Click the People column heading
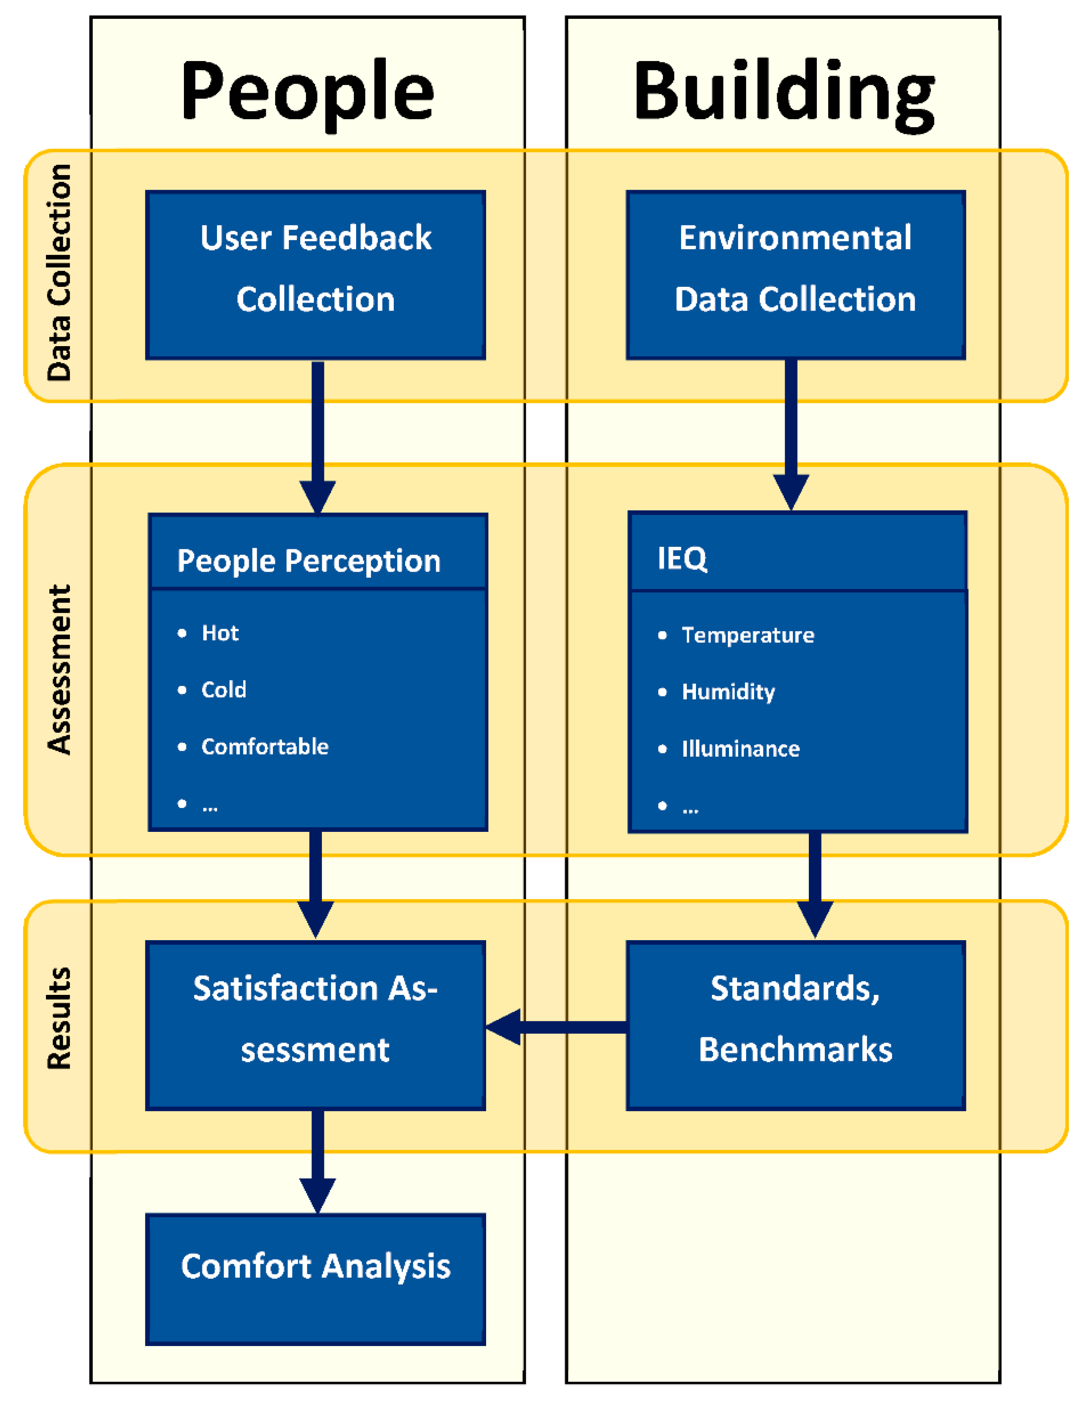tap(307, 92)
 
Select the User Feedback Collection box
tap(315, 274)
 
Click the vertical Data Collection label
tap(59, 273)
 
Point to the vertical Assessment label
tap(59, 670)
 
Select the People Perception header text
tap(308, 561)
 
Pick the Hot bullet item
tap(219, 633)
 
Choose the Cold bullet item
tap(223, 689)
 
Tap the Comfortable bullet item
tap(265, 746)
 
